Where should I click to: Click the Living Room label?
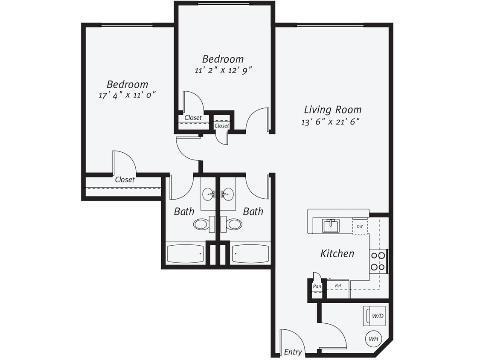[333, 110]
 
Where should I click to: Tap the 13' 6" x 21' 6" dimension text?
[330, 122]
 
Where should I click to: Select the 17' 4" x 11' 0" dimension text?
[127, 95]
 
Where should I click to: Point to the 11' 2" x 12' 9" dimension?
[223, 70]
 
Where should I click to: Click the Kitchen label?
[337, 253]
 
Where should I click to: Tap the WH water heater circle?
[373, 340]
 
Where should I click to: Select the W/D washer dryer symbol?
[373, 316]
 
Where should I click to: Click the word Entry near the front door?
[293, 352]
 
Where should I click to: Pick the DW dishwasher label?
[360, 226]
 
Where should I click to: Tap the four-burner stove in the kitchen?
[378, 261]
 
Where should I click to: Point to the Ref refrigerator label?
[337, 286]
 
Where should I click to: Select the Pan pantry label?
[317, 286]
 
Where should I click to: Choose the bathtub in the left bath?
[185, 254]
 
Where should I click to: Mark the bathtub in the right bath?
[250, 254]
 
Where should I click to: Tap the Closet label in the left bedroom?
[125, 180]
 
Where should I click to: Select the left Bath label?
[184, 211]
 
